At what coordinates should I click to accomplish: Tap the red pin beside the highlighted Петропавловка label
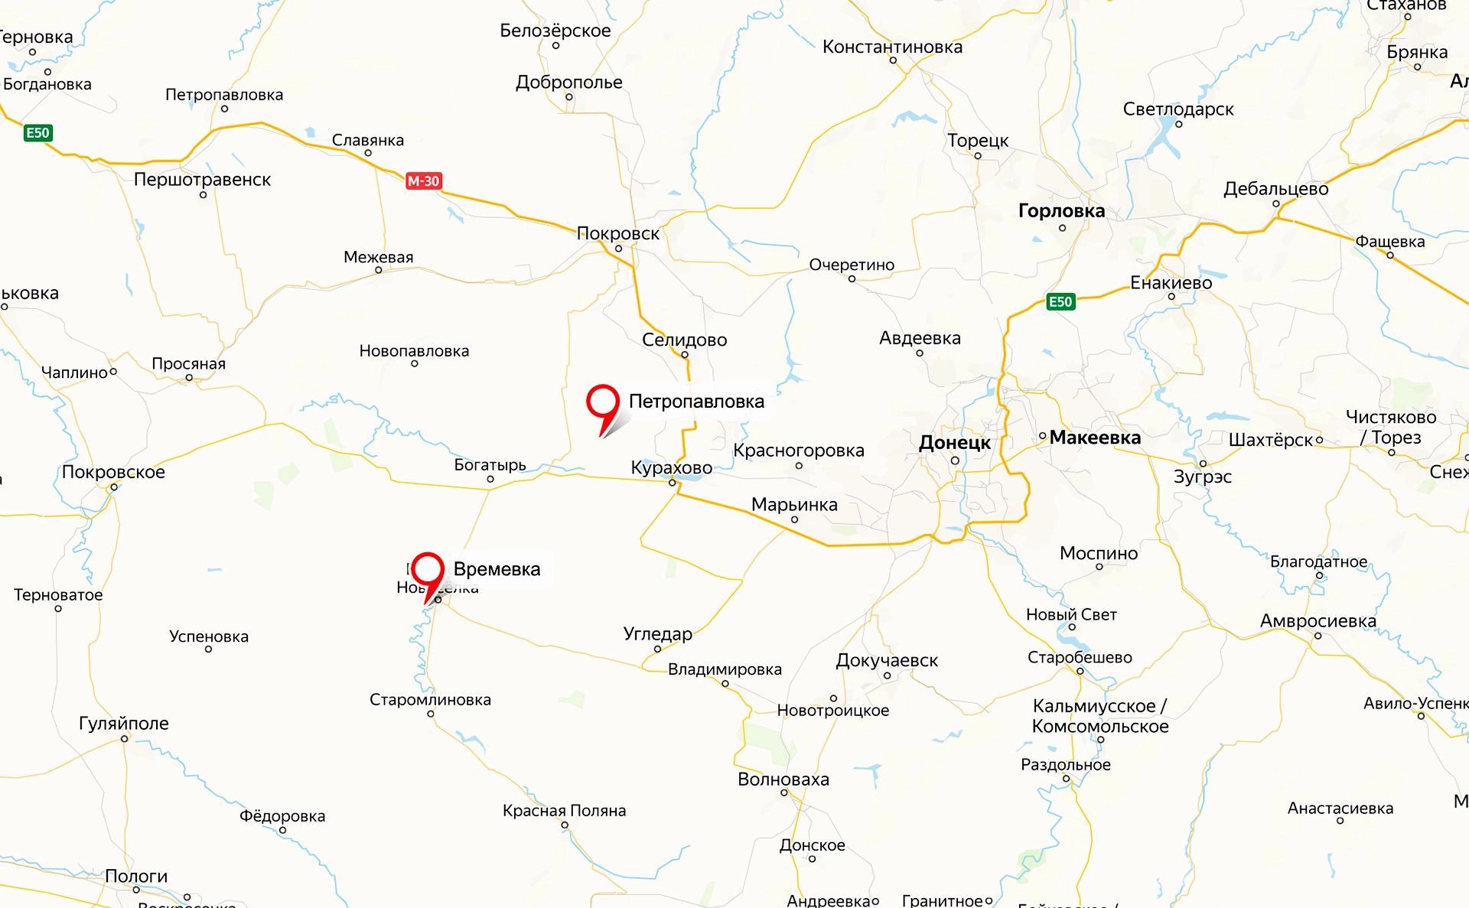[602, 402]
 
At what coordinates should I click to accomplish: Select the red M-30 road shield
[424, 181]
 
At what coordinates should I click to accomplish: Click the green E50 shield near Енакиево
[1060, 301]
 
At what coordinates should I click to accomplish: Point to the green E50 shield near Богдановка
[37, 133]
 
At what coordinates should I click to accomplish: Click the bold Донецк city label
[954, 442]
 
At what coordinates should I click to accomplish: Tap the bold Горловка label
[1061, 211]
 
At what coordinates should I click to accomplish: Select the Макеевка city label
[1095, 438]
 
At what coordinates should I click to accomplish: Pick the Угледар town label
[657, 633]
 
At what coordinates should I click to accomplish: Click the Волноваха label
[783, 779]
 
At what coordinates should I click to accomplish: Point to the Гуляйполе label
[124, 723]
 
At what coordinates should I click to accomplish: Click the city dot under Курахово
[673, 483]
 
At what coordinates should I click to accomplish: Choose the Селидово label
[684, 340]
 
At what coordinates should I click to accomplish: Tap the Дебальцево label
[1275, 189]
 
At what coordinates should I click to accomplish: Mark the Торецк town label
[978, 141]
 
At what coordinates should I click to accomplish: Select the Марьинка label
[794, 505]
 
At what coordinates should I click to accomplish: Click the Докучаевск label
[887, 660]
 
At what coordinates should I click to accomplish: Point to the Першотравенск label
[202, 180]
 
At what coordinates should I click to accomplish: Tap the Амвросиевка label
[1318, 621]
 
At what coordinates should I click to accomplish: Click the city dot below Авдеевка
[920, 353]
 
